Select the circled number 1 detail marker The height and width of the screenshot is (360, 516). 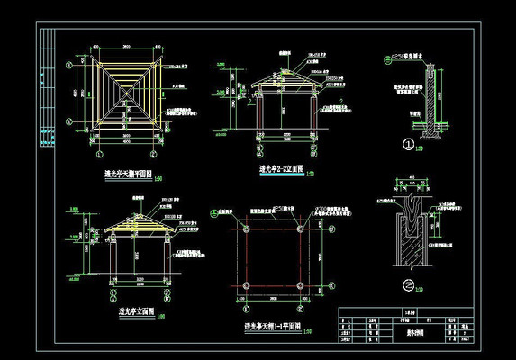click(408, 144)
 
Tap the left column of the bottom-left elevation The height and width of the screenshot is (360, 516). click(111, 261)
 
